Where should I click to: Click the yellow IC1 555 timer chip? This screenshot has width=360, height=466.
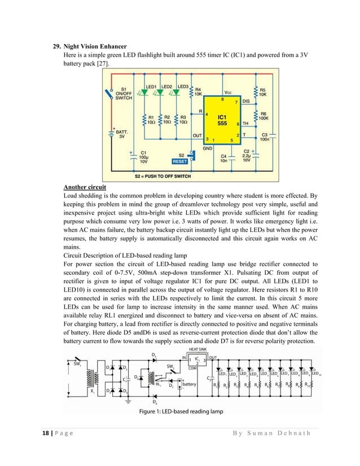[222, 119]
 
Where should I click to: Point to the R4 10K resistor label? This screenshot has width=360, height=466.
[198, 92]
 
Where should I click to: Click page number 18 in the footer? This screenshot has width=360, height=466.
[46, 433]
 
